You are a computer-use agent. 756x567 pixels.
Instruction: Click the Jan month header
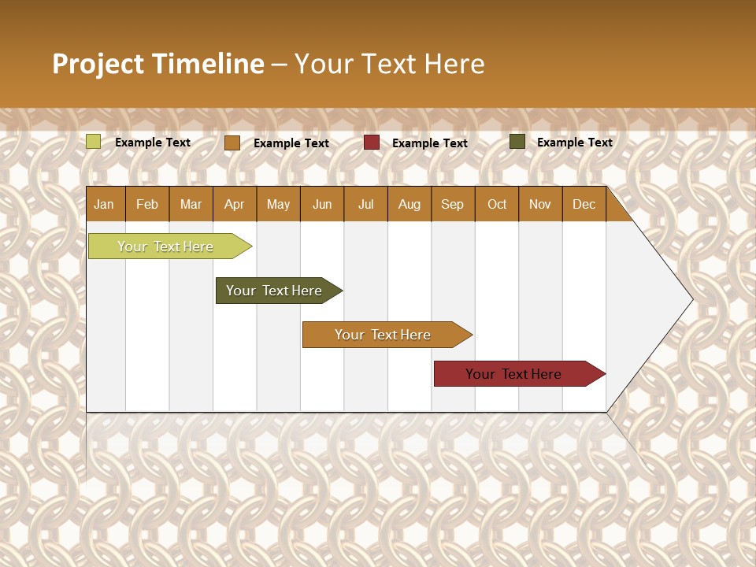(x=104, y=204)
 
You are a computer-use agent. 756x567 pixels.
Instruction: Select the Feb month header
(x=147, y=204)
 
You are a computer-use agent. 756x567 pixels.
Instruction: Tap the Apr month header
(x=234, y=204)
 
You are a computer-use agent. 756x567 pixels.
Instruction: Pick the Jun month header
(x=322, y=204)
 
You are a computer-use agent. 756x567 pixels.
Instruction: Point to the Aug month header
(x=409, y=204)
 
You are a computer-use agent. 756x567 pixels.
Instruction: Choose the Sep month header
(x=452, y=204)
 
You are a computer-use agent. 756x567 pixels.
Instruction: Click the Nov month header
(x=539, y=204)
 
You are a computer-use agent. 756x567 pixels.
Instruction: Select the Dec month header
(x=584, y=204)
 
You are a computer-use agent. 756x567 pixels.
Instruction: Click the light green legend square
(x=94, y=142)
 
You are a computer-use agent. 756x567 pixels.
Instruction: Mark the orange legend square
(x=232, y=143)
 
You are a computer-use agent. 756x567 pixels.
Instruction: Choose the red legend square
(x=372, y=143)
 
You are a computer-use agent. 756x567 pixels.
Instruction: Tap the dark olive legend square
(x=517, y=142)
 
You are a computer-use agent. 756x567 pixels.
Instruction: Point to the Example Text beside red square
(x=429, y=143)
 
